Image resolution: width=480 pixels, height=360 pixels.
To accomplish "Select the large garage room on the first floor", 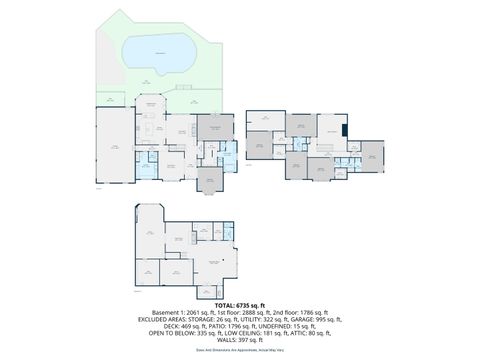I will [114, 147].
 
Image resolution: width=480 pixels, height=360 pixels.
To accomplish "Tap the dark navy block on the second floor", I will [344, 127].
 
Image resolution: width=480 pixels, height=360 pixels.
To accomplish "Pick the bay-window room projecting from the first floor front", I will [210, 179].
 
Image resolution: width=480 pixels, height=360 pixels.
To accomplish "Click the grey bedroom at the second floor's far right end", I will [372, 156].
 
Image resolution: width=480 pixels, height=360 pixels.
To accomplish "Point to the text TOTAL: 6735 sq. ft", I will [240, 305].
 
